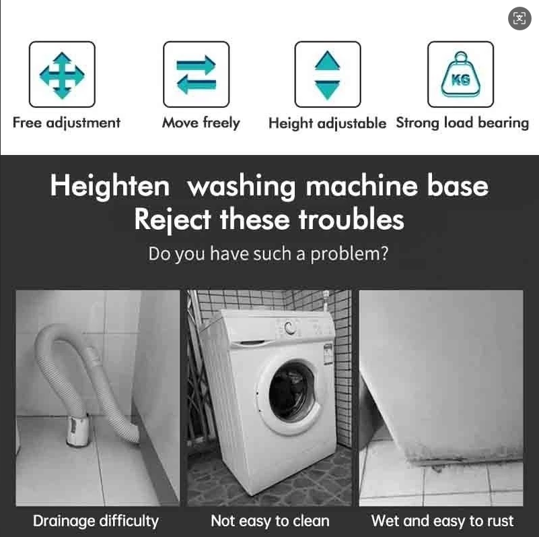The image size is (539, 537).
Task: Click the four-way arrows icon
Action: (x=62, y=75)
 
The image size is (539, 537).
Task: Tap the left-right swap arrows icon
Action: (x=196, y=75)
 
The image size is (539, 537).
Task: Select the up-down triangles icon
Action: (x=328, y=75)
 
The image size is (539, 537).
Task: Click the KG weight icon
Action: (x=461, y=75)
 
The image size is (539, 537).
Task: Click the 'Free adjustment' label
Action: (x=66, y=123)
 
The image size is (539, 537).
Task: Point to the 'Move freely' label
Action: (x=201, y=123)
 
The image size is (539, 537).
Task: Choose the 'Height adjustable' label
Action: (x=327, y=123)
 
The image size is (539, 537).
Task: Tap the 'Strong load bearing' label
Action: (x=462, y=123)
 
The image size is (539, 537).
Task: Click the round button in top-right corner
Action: (x=519, y=18)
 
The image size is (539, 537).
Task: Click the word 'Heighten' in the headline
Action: (x=110, y=187)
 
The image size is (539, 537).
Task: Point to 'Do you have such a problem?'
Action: (x=268, y=255)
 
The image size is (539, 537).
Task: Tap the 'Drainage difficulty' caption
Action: (x=96, y=520)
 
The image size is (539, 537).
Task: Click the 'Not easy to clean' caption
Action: (x=270, y=520)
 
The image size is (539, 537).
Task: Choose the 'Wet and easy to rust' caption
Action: (x=442, y=520)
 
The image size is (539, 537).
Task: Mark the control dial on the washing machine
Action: (x=290, y=328)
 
